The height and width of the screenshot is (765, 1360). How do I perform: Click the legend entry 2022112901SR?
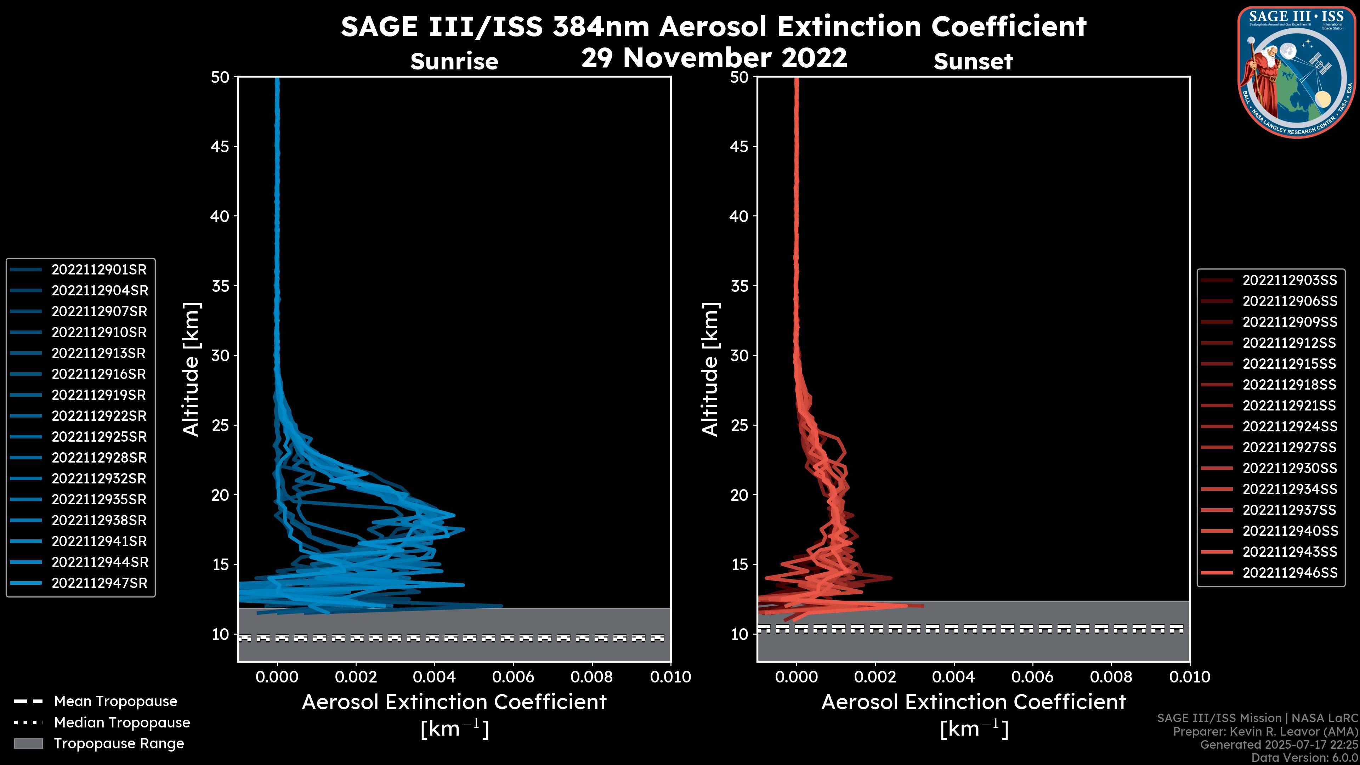pos(99,270)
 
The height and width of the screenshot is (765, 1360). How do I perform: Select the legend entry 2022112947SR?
pos(99,583)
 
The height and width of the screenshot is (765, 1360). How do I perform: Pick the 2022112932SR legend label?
pos(99,479)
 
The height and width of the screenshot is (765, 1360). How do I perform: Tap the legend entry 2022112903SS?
pos(1289,280)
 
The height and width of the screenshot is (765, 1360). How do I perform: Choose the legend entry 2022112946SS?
pos(1289,573)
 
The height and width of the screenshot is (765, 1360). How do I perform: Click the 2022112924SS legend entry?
pos(1289,426)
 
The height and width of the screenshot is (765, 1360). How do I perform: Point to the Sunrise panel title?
pos(454,62)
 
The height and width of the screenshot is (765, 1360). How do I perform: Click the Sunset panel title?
pos(973,62)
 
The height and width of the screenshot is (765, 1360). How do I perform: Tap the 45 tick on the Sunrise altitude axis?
pos(221,147)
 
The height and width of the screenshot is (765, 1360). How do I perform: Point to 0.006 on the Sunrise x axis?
pos(513,677)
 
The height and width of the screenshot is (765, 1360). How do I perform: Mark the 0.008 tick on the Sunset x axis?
pos(1111,677)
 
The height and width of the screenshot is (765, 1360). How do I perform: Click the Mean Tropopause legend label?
pos(115,702)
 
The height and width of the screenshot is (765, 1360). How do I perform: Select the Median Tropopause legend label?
pos(122,723)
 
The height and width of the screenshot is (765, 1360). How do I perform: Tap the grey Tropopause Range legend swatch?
pos(28,744)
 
